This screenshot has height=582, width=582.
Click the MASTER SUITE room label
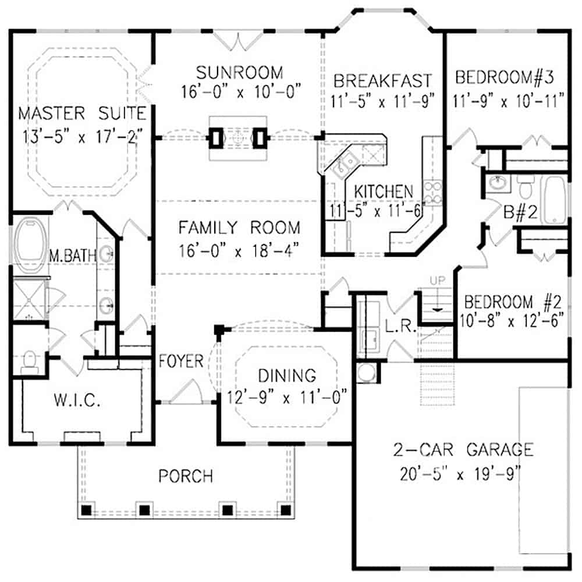[x=81, y=112]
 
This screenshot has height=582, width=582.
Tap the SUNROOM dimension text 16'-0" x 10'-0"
[x=239, y=92]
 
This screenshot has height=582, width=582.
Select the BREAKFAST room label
[x=382, y=79]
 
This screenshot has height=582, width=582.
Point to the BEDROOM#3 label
[x=508, y=77]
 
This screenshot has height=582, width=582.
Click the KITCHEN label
[x=384, y=191]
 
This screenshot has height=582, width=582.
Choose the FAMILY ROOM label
[x=239, y=227]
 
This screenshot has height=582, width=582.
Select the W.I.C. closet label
[x=77, y=401]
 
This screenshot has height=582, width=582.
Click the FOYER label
[x=181, y=361]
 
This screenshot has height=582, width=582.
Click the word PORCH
[x=186, y=476]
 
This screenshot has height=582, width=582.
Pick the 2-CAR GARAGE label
[x=462, y=449]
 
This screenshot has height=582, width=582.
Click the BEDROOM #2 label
[x=512, y=302]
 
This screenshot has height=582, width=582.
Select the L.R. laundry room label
[x=401, y=328]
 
